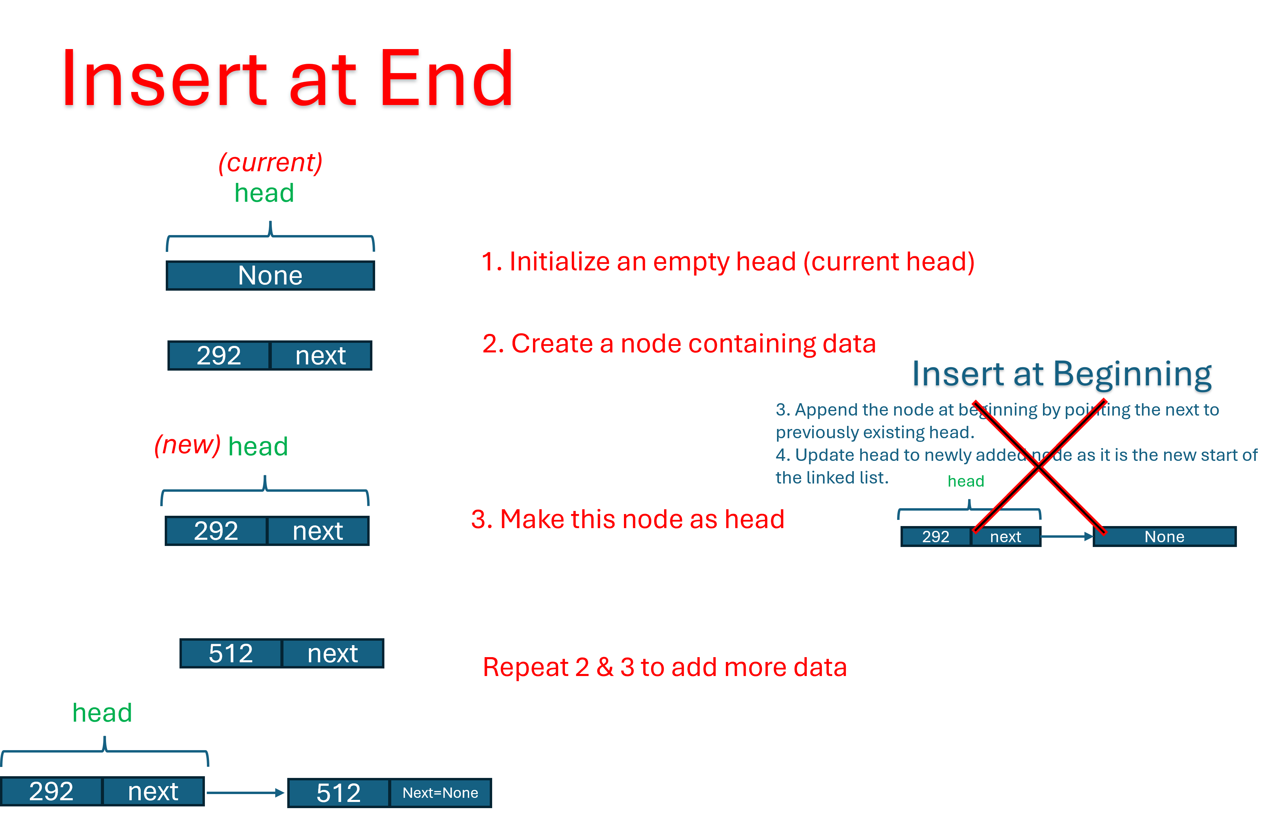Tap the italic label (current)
click(x=270, y=162)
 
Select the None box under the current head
click(x=270, y=276)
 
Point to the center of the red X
click(x=1039, y=467)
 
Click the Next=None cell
click(x=440, y=793)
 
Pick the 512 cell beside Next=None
click(x=338, y=793)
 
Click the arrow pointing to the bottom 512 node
click(x=245, y=793)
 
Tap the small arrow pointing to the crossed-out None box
click(x=1067, y=536)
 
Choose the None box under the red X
click(x=1164, y=536)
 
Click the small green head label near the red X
click(x=965, y=481)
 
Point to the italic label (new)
click(x=187, y=445)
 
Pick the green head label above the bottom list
click(x=102, y=713)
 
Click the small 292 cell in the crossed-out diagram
click(x=936, y=536)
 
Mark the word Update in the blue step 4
click(x=824, y=455)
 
